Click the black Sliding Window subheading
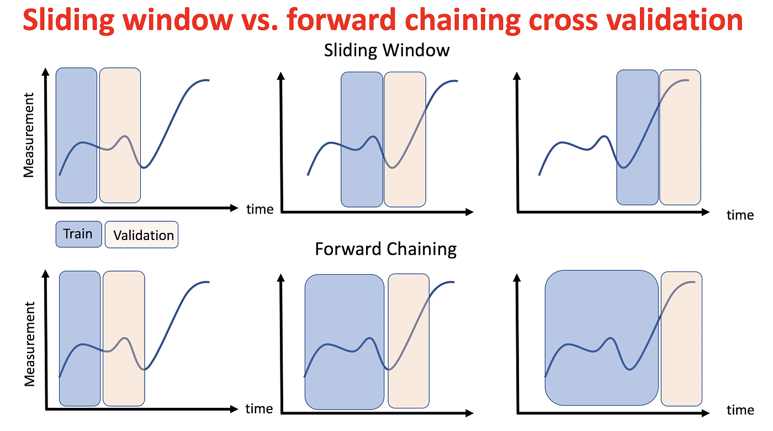(386, 50)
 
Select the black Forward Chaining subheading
(385, 249)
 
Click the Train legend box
(78, 234)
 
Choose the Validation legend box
(141, 235)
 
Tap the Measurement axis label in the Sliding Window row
(29, 135)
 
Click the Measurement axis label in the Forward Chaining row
(29, 343)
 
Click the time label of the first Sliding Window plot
(260, 209)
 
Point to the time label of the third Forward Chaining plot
(740, 410)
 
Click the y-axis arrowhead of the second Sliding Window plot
(282, 77)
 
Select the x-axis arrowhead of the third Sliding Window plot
(707, 212)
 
